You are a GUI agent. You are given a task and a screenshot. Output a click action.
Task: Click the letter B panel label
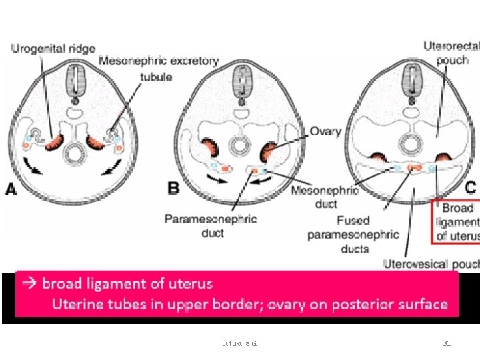pos(173,189)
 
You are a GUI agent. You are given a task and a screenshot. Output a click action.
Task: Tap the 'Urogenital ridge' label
pos(53,49)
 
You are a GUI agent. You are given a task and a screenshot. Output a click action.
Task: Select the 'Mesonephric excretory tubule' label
pos(158,68)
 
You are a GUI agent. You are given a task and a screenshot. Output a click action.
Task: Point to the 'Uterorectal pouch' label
pos(451,53)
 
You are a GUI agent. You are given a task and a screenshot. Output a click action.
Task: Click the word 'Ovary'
pos(325,132)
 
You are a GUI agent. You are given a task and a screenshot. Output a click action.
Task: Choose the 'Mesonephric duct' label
pos(325,197)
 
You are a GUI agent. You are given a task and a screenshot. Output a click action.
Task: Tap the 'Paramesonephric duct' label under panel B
pos(211,225)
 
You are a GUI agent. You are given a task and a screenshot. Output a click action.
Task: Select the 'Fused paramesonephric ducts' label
pos(353,234)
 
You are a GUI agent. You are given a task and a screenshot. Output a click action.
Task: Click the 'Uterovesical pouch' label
pos(431,264)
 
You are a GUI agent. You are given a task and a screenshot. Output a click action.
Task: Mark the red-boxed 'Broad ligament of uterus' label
pos(457,221)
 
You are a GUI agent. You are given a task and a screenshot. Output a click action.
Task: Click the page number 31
pos(447,343)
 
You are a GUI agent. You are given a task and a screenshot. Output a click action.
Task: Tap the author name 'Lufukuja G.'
pos(240,343)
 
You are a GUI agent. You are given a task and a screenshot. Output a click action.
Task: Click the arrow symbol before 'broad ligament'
pos(29,284)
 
